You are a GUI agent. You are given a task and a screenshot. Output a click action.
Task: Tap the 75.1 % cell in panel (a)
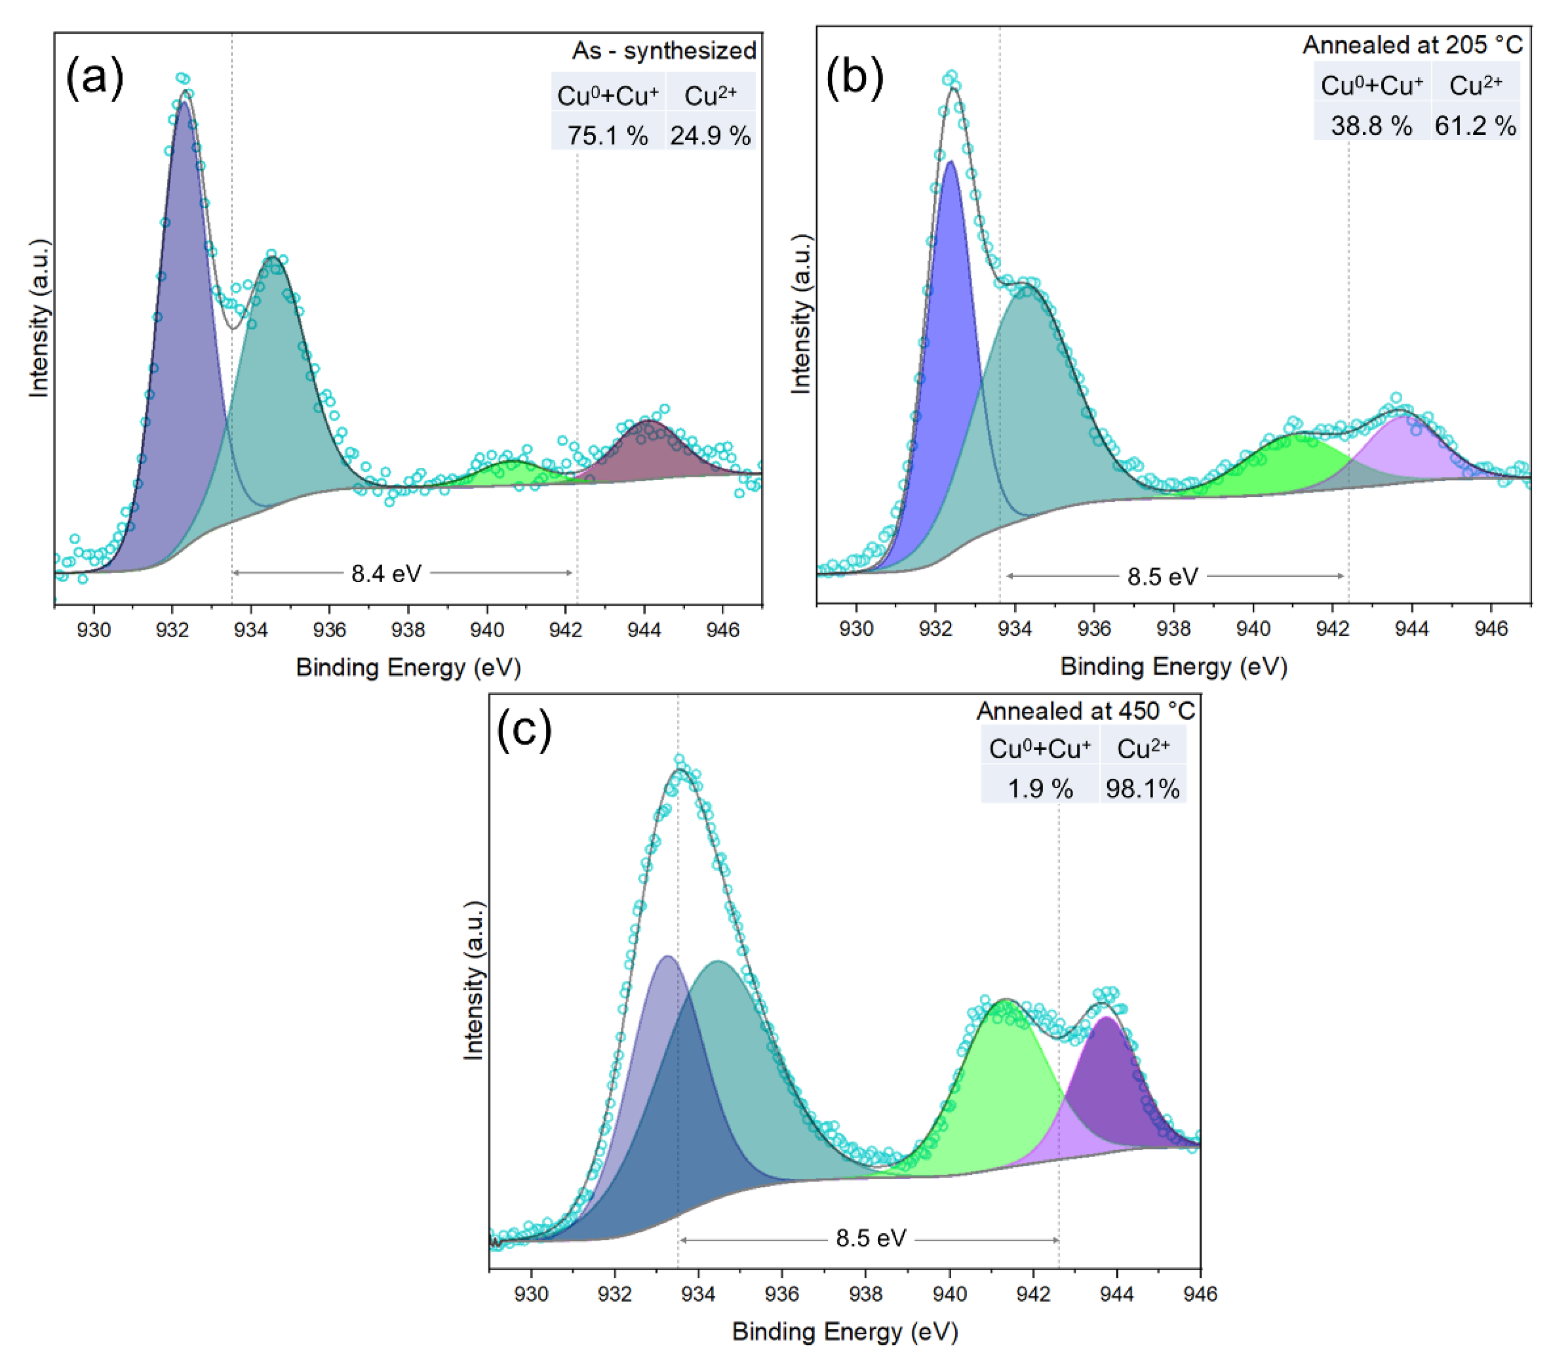607,135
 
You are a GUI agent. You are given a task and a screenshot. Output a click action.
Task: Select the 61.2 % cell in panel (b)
1474,125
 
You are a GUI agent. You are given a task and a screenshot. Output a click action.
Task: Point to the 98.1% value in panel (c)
1142,789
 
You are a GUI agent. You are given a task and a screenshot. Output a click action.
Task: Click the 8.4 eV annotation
386,573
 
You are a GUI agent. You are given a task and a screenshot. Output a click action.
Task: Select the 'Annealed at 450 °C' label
1085,711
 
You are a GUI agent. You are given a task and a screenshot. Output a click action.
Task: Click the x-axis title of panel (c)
845,1331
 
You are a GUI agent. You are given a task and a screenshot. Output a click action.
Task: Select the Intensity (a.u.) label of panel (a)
39,318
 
